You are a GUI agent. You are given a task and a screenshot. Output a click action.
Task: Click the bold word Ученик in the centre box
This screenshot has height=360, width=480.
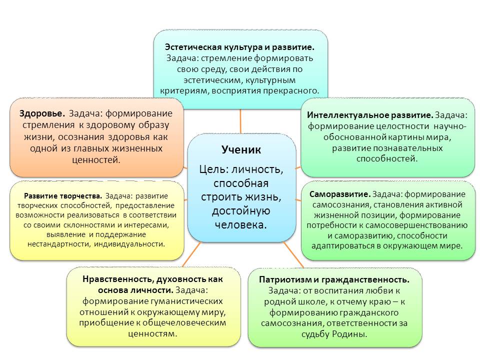tap(241, 149)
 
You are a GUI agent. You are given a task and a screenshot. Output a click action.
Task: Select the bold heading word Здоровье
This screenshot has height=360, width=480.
tap(42, 113)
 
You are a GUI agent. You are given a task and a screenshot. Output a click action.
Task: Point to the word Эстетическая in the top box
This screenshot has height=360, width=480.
tap(193, 47)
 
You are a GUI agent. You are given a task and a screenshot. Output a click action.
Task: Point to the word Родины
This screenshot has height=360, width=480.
tap(352, 334)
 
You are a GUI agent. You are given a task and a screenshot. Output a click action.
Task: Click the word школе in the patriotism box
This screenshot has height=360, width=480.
tap(313, 302)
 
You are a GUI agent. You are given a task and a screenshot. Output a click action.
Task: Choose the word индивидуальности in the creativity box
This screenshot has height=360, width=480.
tap(130, 244)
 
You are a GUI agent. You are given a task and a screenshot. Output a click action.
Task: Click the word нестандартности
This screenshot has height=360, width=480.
tap(59, 244)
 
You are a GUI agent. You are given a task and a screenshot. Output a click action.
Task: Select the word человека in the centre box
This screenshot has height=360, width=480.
tap(241, 224)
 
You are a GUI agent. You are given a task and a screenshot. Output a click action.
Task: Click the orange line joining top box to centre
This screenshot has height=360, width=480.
tap(240, 121)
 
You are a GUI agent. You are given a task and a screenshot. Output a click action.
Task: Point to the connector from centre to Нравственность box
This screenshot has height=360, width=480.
tap(191, 254)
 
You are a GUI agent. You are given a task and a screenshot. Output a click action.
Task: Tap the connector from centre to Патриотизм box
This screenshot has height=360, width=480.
tap(293, 254)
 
